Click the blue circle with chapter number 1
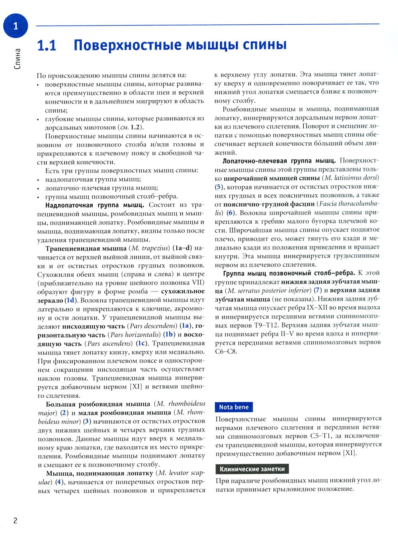(16, 26)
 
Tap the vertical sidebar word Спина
(17, 59)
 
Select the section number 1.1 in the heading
(47, 46)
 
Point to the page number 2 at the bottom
(16, 521)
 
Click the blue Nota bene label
(234, 407)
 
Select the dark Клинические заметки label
(252, 469)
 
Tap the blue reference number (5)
(219, 186)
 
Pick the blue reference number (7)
(317, 290)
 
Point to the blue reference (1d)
(70, 300)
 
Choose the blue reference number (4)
(59, 482)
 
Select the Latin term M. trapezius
(147, 248)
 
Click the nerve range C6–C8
(226, 351)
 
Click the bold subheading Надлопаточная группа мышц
(95, 205)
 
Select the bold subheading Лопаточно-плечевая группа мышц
(279, 160)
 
